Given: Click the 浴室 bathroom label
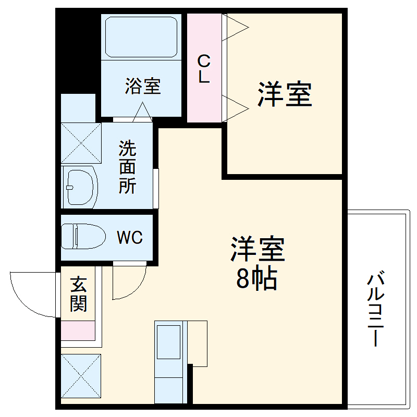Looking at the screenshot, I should (142, 87).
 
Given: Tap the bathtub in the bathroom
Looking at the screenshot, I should (141, 36).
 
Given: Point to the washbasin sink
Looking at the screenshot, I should (81, 187).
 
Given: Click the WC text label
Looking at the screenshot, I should (129, 238).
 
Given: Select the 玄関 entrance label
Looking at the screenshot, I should (78, 295).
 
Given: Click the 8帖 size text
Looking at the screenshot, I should (256, 280).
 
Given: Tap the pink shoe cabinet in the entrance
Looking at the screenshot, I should (78, 330).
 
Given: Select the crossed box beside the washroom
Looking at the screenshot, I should (81, 142).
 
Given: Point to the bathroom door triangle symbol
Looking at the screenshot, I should (142, 113).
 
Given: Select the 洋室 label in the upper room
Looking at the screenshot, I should (285, 94).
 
